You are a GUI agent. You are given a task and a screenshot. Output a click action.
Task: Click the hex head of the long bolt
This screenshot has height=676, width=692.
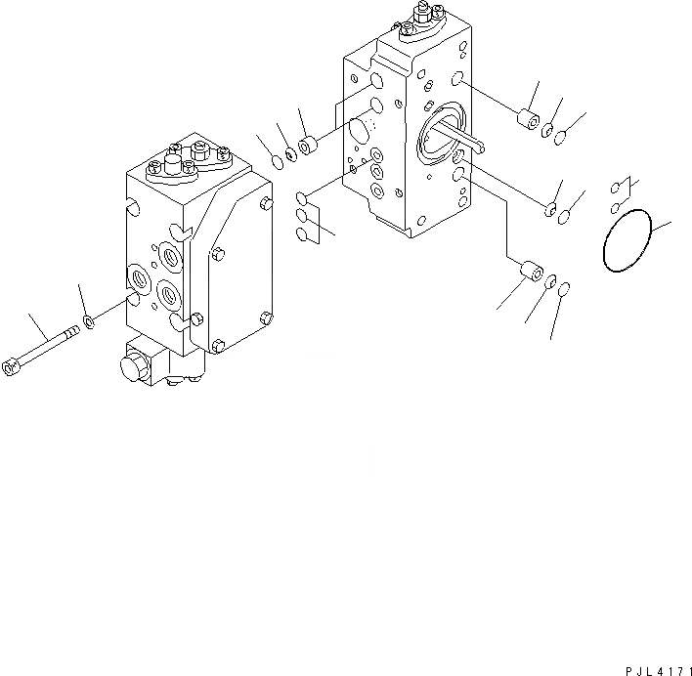pyautogui.click(x=11, y=367)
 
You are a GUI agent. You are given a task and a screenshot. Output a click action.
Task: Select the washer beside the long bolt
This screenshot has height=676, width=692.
pyautogui.click(x=90, y=321)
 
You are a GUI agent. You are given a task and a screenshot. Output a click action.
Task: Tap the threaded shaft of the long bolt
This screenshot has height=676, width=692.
pyautogui.click(x=49, y=345)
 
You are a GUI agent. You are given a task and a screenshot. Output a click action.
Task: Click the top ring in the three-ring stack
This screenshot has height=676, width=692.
pyautogui.click(x=303, y=199)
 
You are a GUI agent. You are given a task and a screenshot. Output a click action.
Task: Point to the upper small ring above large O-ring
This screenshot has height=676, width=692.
pyautogui.click(x=615, y=190)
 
